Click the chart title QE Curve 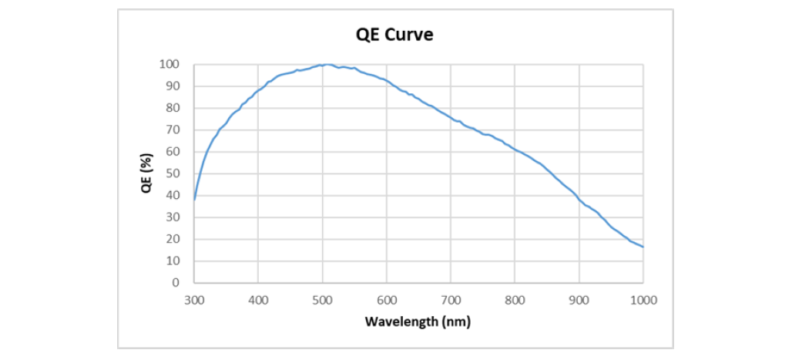(395, 35)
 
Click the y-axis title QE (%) (146, 173)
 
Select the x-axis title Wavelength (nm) (418, 321)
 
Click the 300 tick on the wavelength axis (194, 300)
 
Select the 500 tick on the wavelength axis (323, 300)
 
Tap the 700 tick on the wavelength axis (451, 300)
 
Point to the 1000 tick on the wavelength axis (643, 300)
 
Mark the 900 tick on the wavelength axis (579, 300)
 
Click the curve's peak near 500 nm (327, 64)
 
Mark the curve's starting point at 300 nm (194, 200)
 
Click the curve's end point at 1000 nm (643, 247)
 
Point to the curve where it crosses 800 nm (515, 150)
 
